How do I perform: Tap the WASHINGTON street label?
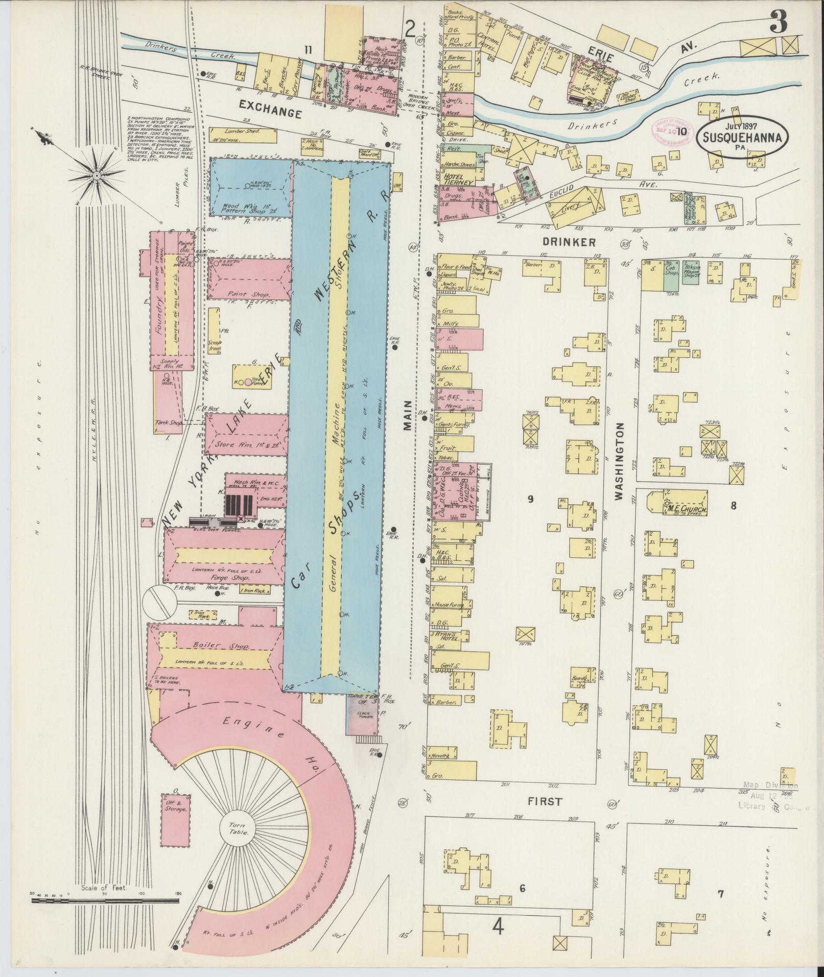pyautogui.click(x=620, y=461)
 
